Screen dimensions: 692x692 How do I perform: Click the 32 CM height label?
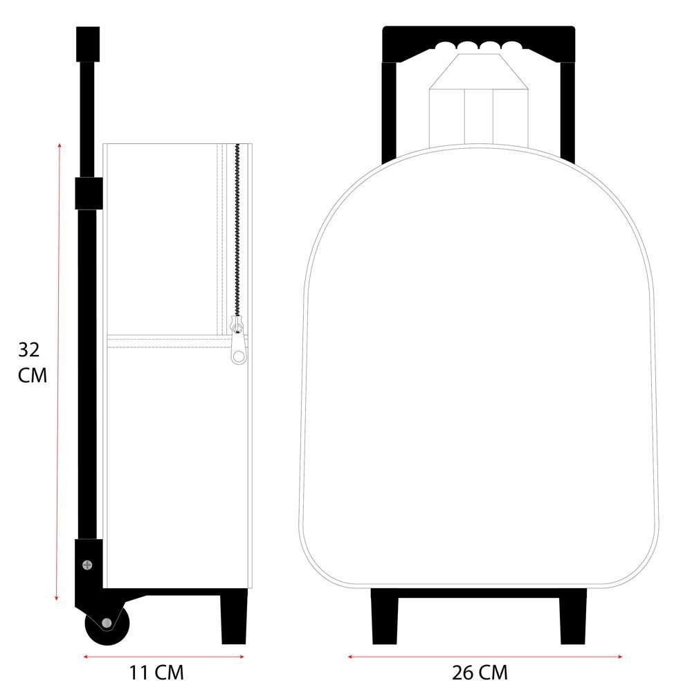33,363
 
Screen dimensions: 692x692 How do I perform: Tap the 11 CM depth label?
156,673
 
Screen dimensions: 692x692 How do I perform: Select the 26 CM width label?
480,673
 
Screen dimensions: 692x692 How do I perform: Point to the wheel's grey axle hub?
107,623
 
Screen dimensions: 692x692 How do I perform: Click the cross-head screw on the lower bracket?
87,565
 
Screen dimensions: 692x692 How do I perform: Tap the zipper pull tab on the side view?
238,340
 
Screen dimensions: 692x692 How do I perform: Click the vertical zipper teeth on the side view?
237,230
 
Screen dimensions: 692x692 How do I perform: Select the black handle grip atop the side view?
88,44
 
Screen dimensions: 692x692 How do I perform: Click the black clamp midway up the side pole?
89,193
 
